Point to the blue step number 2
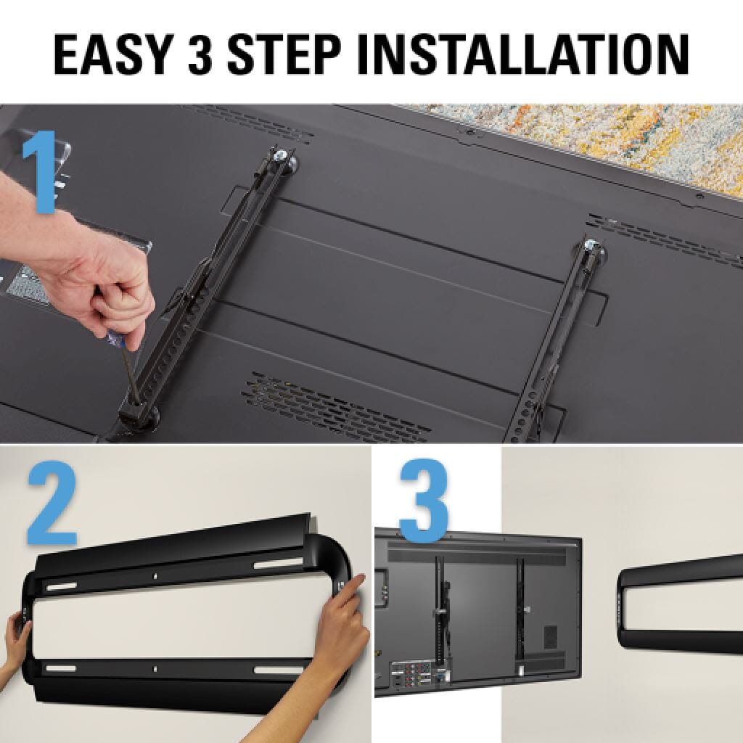52,508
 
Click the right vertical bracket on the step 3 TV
520,609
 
